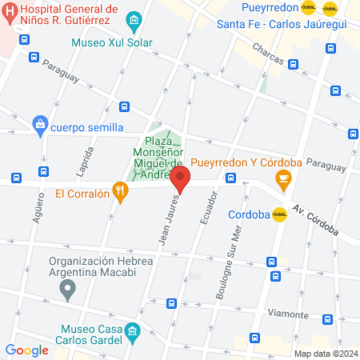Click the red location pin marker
point(180,179)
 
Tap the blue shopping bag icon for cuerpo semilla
point(38,125)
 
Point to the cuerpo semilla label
point(86,127)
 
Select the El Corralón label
point(82,193)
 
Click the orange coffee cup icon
point(282,179)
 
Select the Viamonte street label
point(288,314)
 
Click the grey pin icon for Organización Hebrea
point(68,290)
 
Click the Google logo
point(26,350)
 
